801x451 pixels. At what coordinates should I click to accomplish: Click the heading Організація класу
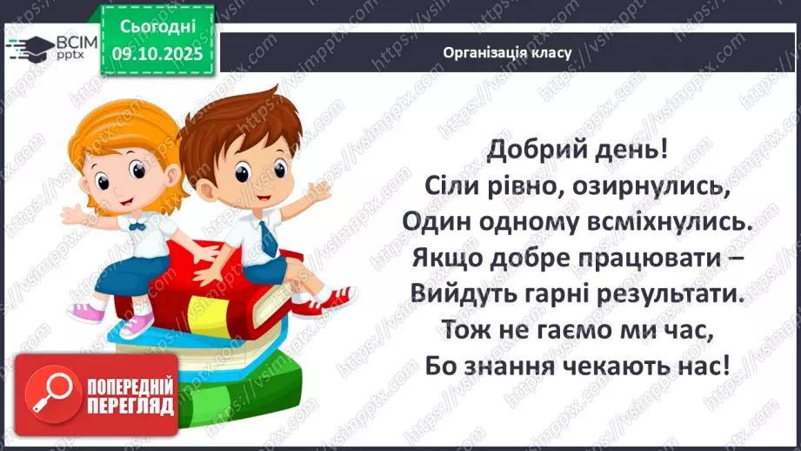(x=506, y=52)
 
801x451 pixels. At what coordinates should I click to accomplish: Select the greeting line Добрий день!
(x=577, y=149)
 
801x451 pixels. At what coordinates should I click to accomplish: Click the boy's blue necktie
(x=267, y=236)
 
